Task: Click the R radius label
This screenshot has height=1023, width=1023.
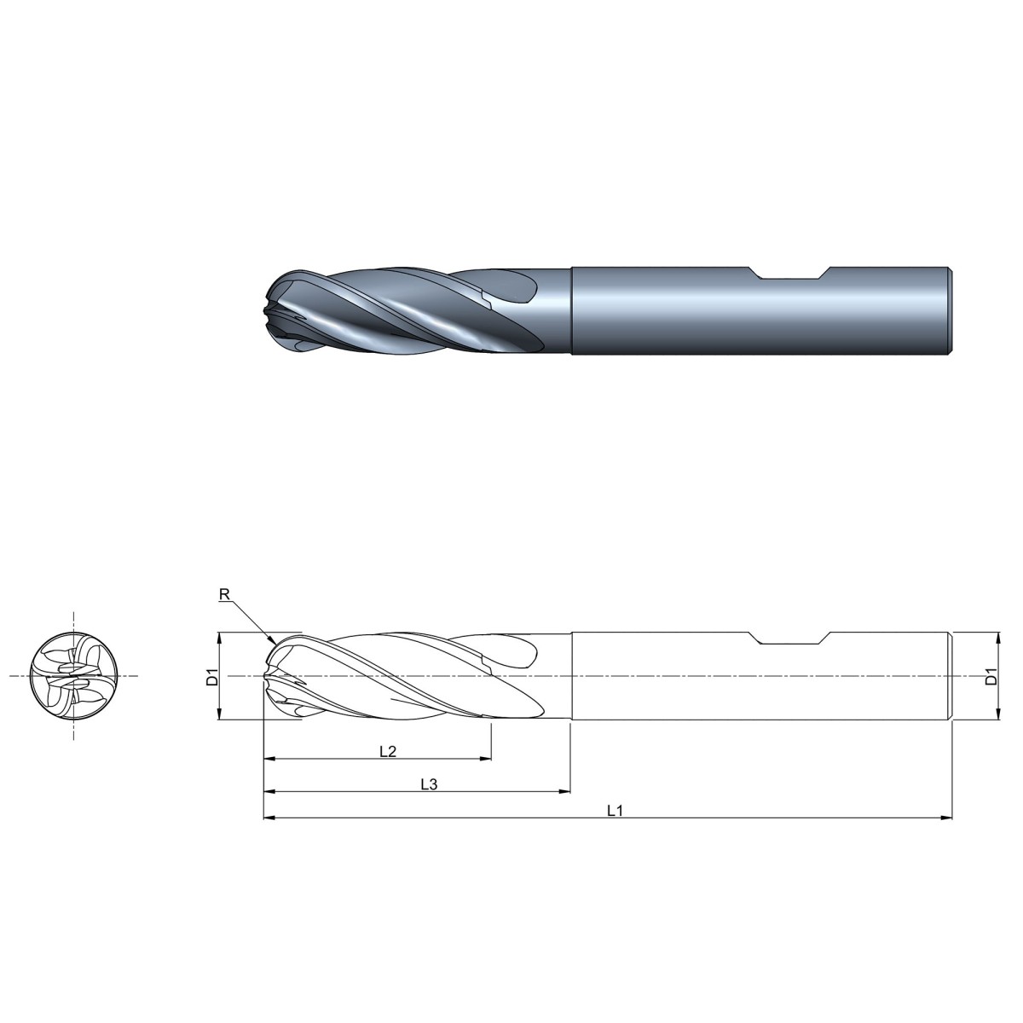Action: point(224,594)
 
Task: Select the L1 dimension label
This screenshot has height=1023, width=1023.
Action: point(615,811)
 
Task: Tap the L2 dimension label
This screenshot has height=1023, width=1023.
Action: point(388,751)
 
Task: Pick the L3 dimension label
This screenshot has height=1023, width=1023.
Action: point(429,784)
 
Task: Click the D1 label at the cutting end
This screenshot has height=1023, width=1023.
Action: point(212,678)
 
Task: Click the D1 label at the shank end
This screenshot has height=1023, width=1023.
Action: point(991,677)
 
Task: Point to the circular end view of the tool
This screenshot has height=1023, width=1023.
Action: point(73,676)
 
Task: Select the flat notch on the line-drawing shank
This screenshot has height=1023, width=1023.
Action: point(790,639)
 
